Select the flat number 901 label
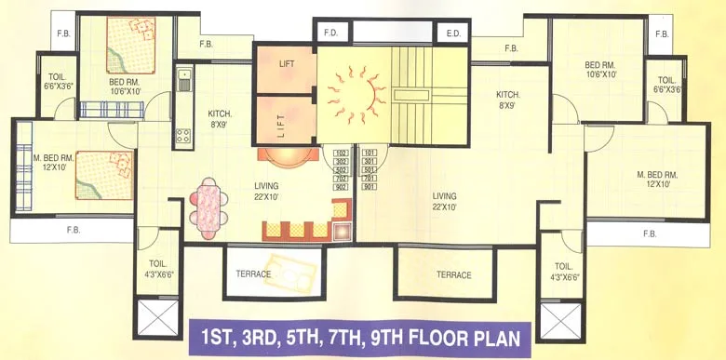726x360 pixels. click(370, 187)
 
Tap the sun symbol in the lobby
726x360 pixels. click(362, 91)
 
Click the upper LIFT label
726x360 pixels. click(286, 64)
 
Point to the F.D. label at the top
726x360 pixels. click(330, 33)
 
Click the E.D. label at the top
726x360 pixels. click(454, 33)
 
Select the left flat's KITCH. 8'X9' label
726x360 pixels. click(221, 119)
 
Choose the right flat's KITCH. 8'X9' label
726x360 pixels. click(507, 100)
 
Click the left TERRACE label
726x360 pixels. click(253, 274)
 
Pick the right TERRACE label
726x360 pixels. click(454, 274)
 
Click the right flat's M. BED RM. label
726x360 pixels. click(656, 180)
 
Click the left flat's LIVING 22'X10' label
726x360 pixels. click(266, 191)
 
